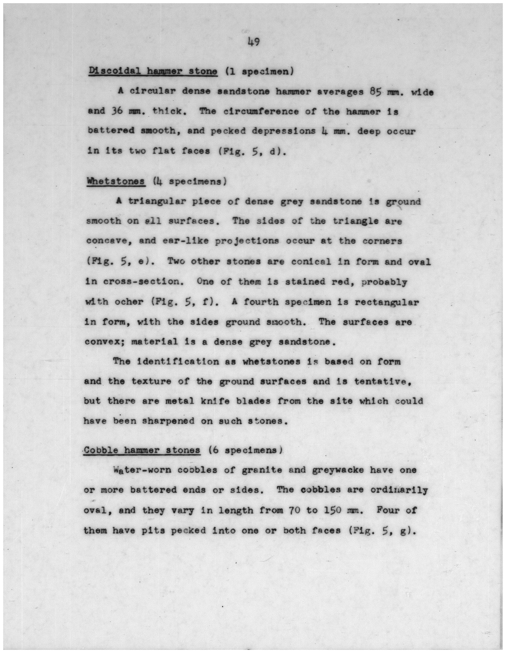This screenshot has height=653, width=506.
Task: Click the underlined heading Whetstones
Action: [x=116, y=181]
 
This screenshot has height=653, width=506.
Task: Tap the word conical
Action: [x=311, y=262]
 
